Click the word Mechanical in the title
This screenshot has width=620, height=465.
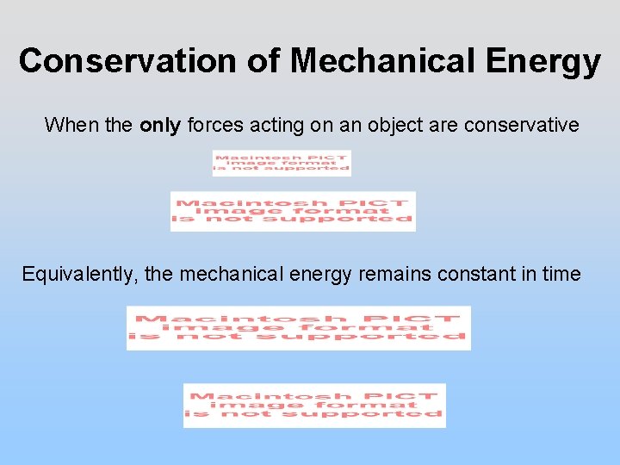[x=383, y=61]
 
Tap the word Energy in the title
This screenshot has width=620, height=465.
[x=542, y=61]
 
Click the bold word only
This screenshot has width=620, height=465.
[x=160, y=126]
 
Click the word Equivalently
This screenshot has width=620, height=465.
[x=78, y=275]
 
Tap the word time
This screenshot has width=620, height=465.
[x=561, y=275]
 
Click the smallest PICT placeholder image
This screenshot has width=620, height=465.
[x=282, y=163]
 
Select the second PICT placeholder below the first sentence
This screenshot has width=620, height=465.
[x=293, y=211]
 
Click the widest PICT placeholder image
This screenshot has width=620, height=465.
[x=299, y=328]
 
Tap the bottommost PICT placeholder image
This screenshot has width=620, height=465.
[x=314, y=406]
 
